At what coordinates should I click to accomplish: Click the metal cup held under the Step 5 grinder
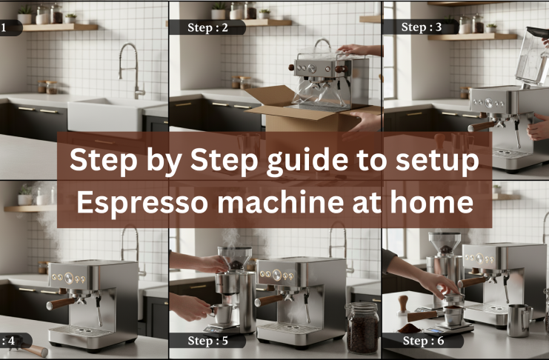click(219, 312)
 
